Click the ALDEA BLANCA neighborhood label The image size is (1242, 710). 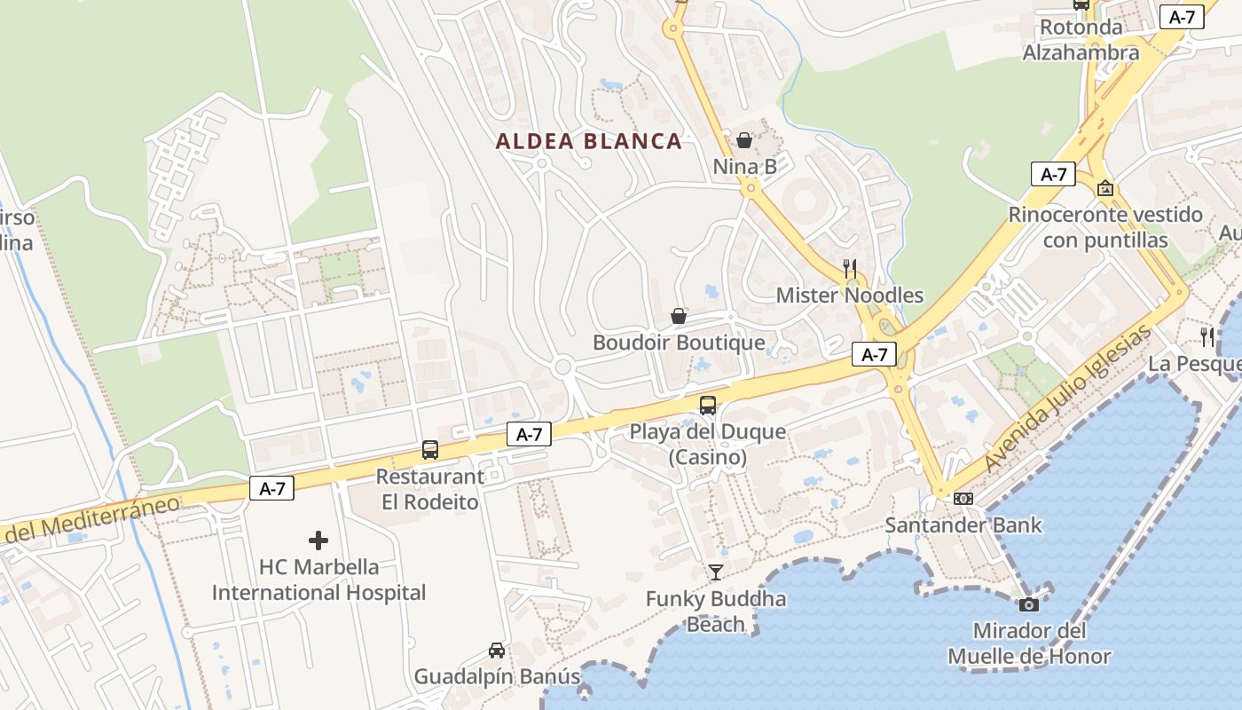pos(588,141)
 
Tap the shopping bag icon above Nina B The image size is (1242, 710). pos(744,140)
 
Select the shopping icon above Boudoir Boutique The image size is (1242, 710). pos(679,316)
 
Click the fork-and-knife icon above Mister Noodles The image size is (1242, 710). pos(850,268)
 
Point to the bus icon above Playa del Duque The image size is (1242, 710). pos(708,406)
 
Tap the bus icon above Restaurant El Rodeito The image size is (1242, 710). pos(430,450)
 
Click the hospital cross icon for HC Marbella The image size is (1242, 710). pos(318,540)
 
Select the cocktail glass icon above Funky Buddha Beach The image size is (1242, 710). pos(716,572)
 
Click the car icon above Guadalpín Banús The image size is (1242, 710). pos(497,651)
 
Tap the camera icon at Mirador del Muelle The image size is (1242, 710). pos(1029,604)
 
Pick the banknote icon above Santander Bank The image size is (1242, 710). pos(963,499)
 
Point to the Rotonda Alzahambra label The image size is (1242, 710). pos(1081,40)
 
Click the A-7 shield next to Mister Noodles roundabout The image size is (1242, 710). pos(874,355)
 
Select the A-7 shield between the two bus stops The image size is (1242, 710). pos(529,434)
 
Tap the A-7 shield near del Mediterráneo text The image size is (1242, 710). pos(271,488)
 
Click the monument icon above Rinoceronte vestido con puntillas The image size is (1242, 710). pos(1105,188)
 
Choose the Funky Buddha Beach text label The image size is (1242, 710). pos(716,611)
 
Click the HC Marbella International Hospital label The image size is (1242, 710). pos(318,580)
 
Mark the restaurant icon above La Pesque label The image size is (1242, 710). pos(1207,336)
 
